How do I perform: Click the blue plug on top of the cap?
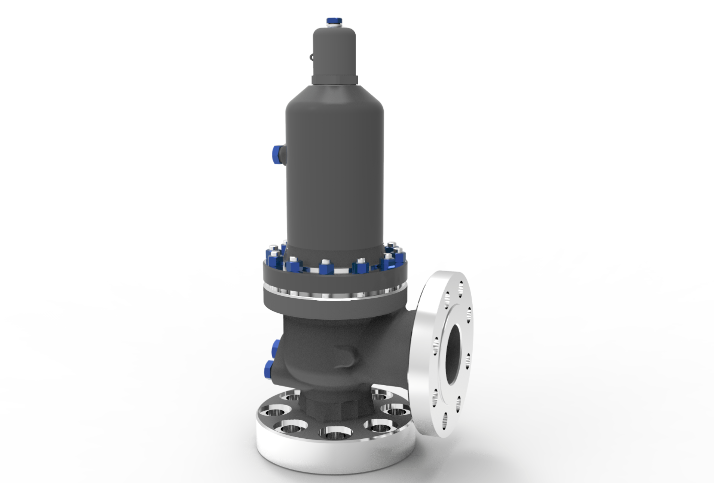tap(333, 21)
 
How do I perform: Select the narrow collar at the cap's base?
tap(335, 79)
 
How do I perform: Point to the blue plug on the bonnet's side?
tap(276, 152)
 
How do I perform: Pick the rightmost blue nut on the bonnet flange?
tap(399, 257)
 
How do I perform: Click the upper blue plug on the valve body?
tap(275, 346)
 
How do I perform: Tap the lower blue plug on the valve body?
tap(268, 369)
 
